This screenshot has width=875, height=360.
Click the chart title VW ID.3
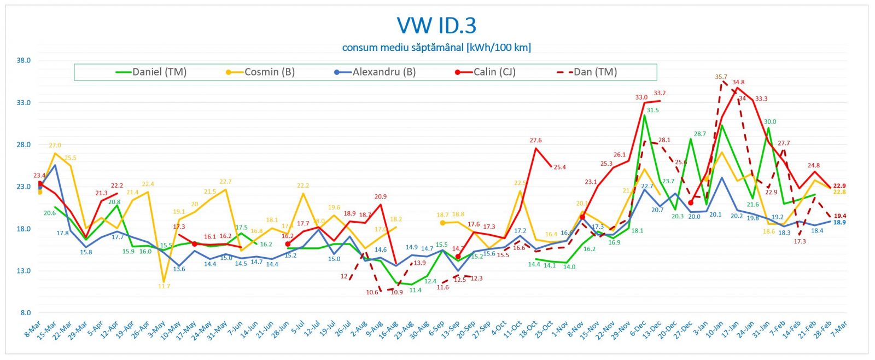tap(436, 26)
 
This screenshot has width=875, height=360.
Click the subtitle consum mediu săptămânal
tap(436, 48)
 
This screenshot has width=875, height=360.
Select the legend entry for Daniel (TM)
tap(159, 72)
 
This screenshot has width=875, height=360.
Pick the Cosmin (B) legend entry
tap(269, 72)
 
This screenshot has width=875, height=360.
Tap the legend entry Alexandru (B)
tap(383, 72)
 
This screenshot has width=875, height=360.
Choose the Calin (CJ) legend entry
tap(494, 72)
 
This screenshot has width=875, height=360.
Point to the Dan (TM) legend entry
tap(595, 72)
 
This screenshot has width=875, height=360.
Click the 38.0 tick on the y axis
tap(24, 61)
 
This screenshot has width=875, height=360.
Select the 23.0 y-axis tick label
tap(24, 187)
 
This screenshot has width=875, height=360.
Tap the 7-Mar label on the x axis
tap(839, 329)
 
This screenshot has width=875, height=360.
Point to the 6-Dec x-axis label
tap(638, 330)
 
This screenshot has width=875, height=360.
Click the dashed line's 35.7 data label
tap(721, 77)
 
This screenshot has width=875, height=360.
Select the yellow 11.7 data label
tap(164, 286)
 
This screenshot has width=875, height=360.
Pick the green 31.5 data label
tap(653, 110)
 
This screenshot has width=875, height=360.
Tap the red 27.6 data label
tap(535, 141)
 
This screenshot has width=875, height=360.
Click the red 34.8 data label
tap(738, 83)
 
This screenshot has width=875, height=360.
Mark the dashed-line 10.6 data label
tap(372, 292)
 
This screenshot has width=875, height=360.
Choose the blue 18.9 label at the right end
tap(839, 223)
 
